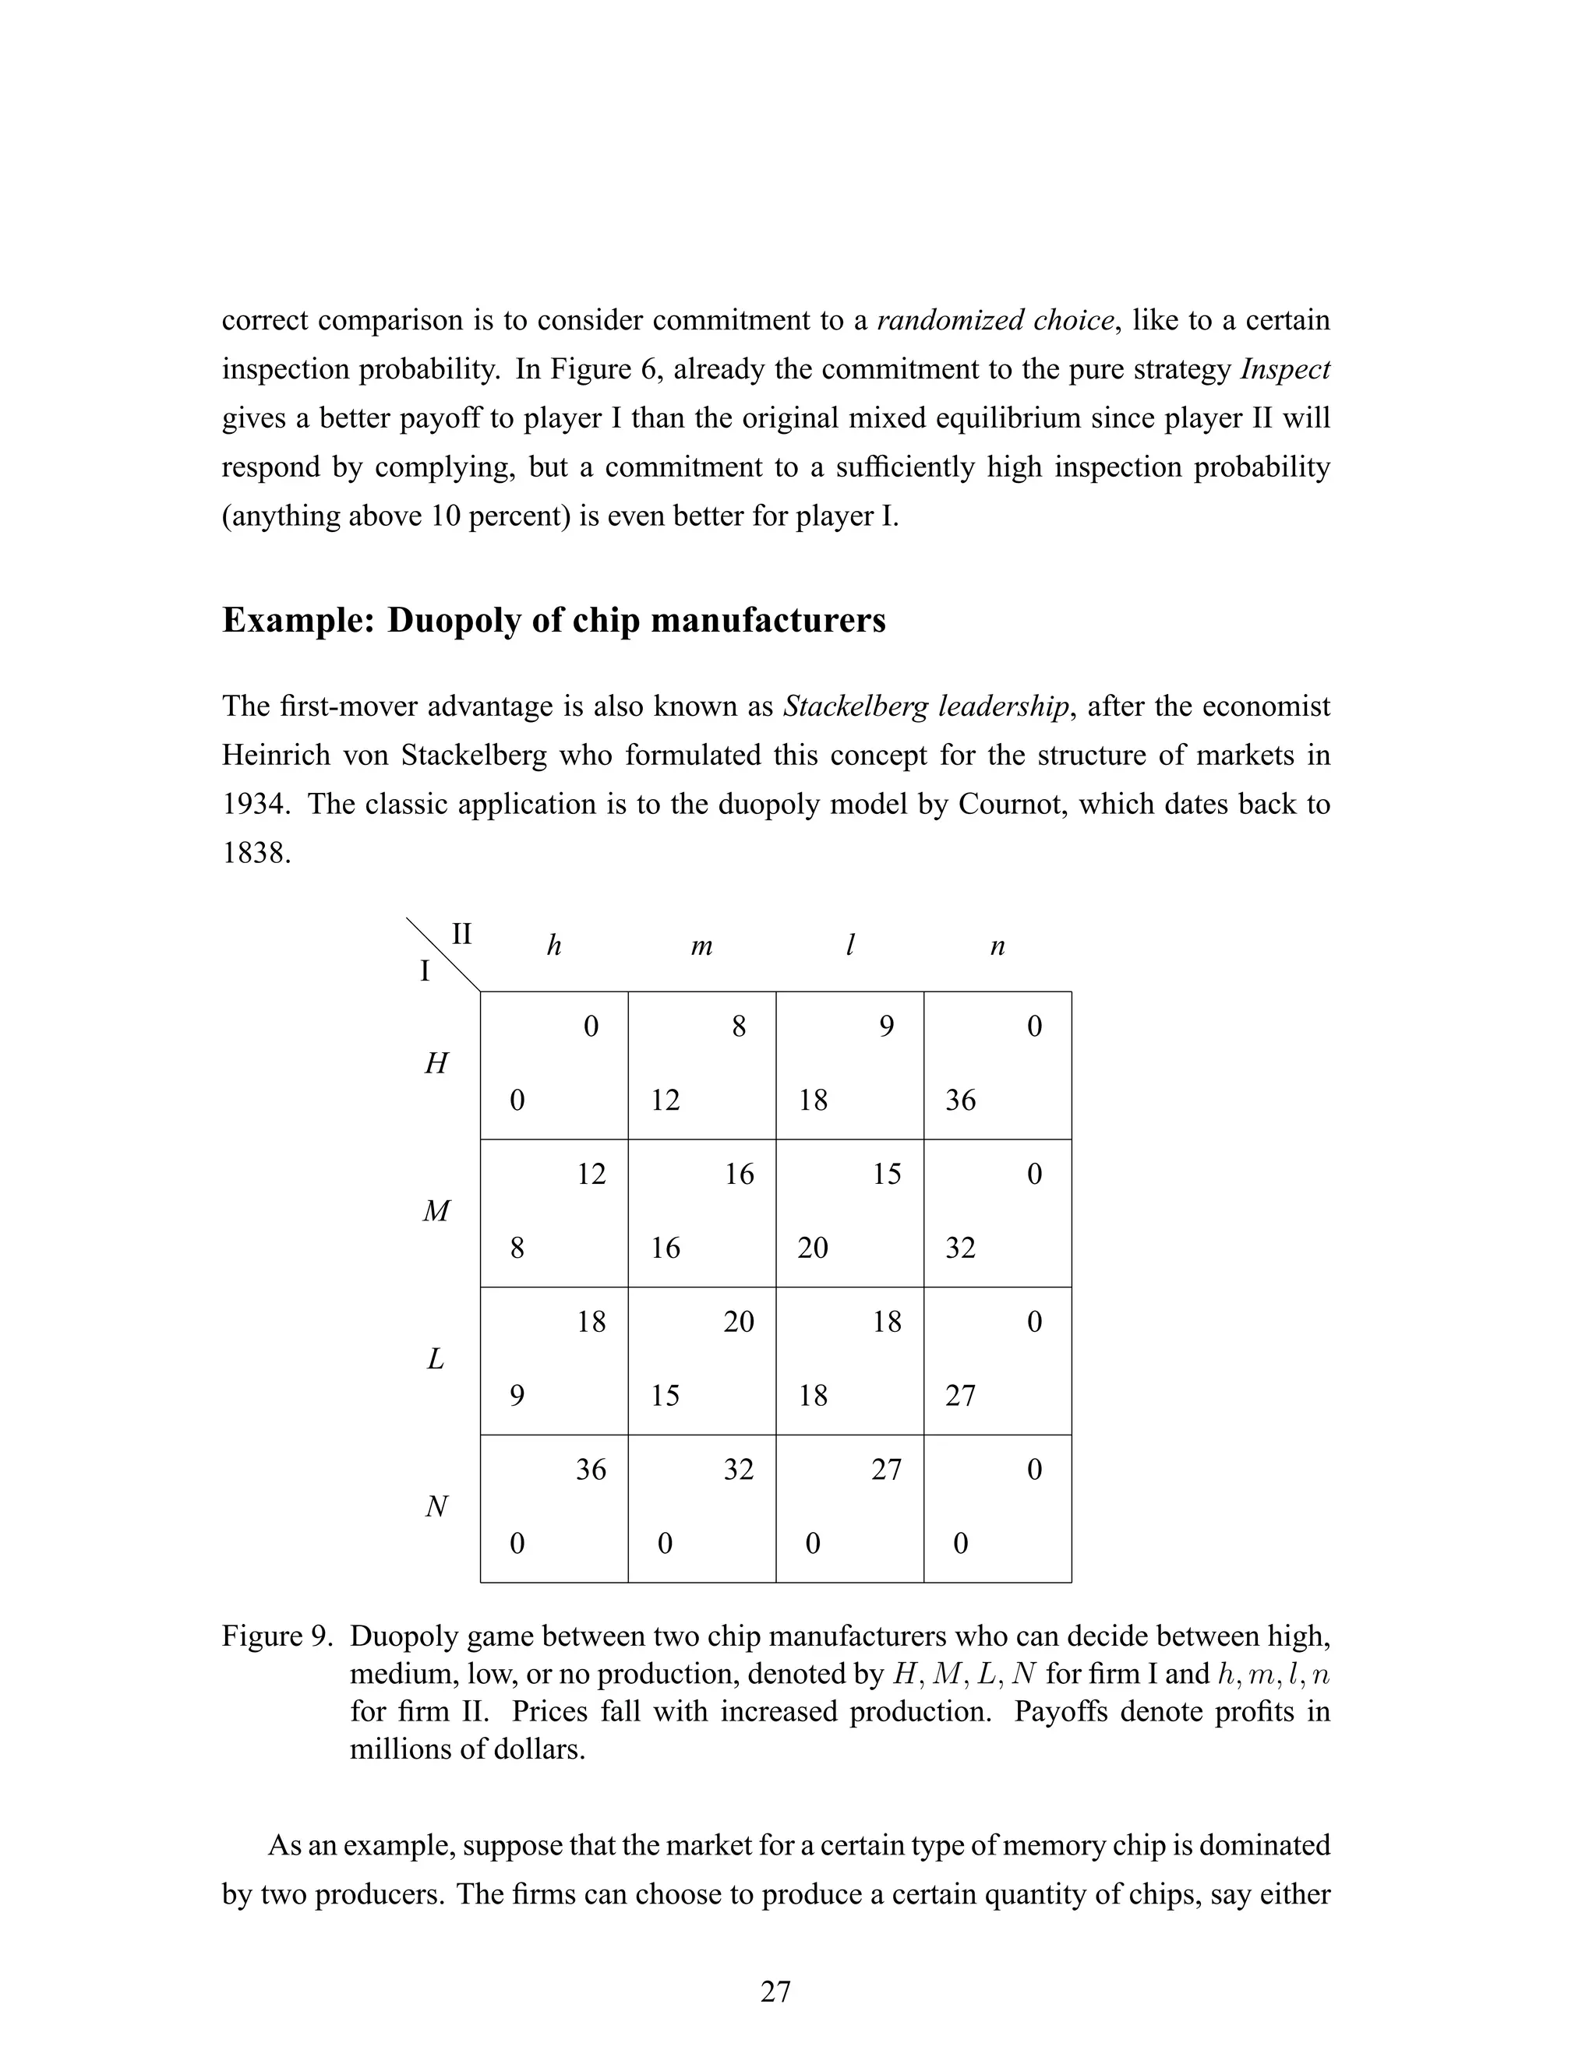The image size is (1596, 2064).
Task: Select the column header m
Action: (701, 946)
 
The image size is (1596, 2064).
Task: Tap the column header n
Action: (997, 946)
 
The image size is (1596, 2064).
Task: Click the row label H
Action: (435, 1064)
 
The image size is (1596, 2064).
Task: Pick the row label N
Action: (435, 1507)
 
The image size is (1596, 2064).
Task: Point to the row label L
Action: (435, 1360)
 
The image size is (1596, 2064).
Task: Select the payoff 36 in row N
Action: (591, 1470)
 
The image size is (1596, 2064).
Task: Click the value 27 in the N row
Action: (886, 1470)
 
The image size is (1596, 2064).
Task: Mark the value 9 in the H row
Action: (886, 1027)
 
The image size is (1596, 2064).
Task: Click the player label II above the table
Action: (461, 934)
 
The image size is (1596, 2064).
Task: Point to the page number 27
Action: (775, 1992)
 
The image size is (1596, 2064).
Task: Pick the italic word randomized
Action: (949, 320)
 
